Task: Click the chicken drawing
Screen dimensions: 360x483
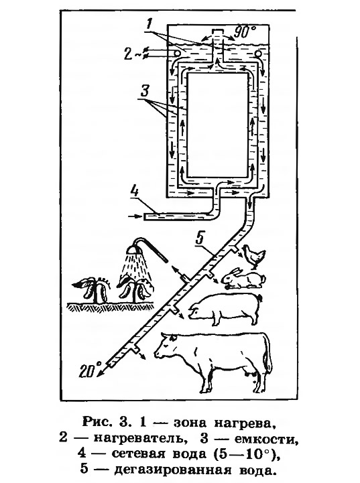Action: [x=253, y=255]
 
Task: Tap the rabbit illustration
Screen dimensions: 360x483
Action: [x=244, y=278]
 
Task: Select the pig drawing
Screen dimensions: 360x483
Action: [x=226, y=309]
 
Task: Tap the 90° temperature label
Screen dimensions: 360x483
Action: [x=245, y=32]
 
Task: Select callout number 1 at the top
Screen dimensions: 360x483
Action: [x=149, y=23]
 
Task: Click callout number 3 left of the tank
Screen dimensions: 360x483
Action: [x=145, y=91]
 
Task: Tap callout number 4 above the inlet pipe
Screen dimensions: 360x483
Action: [x=135, y=192]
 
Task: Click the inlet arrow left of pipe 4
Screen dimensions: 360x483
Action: [x=134, y=216]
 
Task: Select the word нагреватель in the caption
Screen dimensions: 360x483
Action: [x=139, y=438]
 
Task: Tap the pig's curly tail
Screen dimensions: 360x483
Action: [x=260, y=298]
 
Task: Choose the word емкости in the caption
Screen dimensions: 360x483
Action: [x=266, y=438]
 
